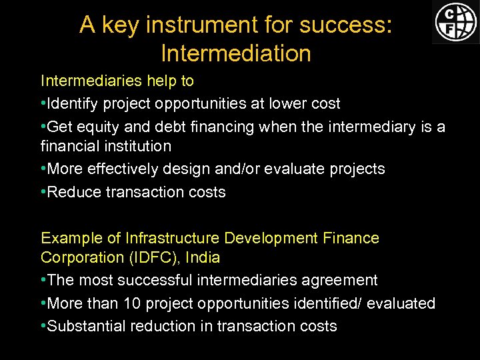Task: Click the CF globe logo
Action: pos(456,21)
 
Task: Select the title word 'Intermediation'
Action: pos(236,53)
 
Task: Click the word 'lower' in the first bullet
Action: pos(279,103)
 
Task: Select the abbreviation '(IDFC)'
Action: pos(152,257)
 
